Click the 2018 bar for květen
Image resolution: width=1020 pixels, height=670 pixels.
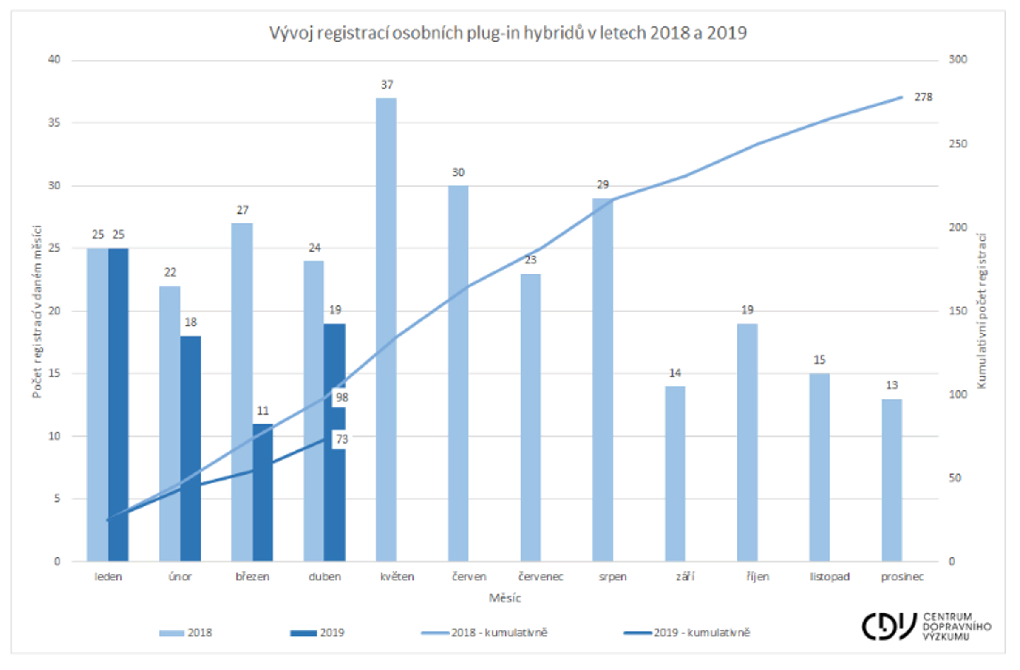386,330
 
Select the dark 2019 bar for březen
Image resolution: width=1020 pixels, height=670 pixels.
263,493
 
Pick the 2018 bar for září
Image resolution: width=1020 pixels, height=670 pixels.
675,474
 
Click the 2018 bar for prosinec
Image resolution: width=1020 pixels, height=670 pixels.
892,480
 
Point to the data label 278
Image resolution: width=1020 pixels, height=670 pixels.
923,97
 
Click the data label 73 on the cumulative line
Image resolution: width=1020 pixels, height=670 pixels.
342,439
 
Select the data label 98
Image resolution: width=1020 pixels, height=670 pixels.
342,398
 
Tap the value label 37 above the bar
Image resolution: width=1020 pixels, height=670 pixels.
387,85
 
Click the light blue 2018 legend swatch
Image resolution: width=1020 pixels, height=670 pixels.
171,633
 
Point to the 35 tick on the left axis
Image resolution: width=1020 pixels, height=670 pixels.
54,122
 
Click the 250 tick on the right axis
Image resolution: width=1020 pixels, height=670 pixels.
958,144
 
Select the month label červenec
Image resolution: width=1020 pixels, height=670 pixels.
541,577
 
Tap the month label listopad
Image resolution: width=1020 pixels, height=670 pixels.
830,577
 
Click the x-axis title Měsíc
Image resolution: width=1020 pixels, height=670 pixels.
505,598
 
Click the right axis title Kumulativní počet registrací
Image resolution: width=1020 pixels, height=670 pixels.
982,311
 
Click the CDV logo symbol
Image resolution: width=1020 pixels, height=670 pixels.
888,626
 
